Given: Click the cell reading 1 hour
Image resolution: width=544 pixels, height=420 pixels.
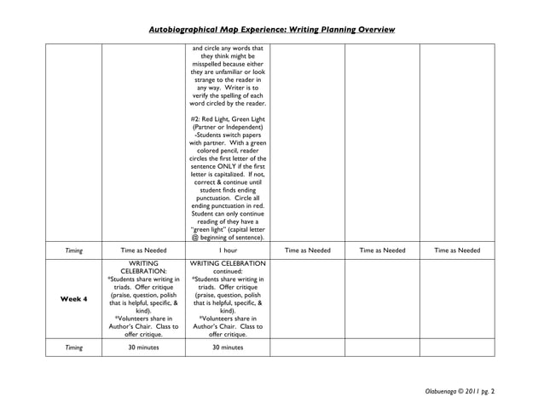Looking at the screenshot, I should click(x=228, y=250).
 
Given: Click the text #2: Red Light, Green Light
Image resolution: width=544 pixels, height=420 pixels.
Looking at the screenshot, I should click(x=228, y=118).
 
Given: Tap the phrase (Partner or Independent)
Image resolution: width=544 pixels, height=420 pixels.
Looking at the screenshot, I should click(x=228, y=127).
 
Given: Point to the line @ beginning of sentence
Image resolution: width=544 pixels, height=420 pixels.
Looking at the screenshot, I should click(x=228, y=238).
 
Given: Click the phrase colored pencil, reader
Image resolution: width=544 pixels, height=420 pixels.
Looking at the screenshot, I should click(x=228, y=152).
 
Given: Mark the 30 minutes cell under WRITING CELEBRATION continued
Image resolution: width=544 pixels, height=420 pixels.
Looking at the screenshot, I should click(x=228, y=348).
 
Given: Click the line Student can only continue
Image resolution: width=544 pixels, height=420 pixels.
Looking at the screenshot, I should click(x=228, y=213).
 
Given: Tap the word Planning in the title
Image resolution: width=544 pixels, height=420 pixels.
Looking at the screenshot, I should click(x=321, y=30).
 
